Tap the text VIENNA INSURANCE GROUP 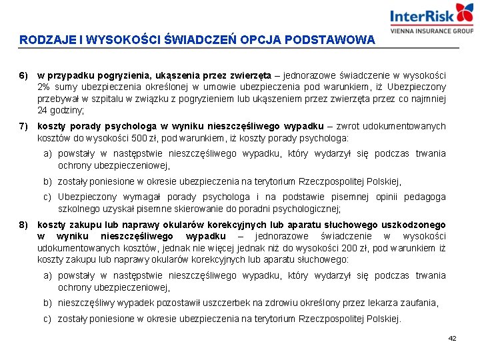[x=431, y=31]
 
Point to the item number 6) [x=23, y=75]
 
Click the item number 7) [x=23, y=127]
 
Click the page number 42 [x=452, y=339]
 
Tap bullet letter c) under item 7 [x=48, y=197]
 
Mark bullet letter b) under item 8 [x=48, y=303]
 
